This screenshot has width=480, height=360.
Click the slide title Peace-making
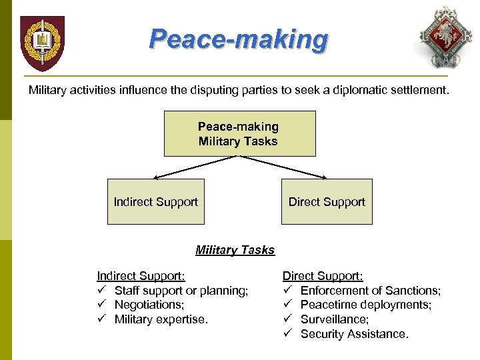tap(239, 39)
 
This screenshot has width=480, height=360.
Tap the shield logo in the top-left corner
tap(42, 43)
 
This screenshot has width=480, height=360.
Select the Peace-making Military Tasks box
tap(239, 133)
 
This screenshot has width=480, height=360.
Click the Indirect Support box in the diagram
tap(156, 201)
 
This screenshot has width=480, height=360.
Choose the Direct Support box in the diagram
tap(327, 201)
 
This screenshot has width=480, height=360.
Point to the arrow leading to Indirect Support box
tap(193, 167)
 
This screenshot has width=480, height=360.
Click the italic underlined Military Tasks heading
tap(235, 250)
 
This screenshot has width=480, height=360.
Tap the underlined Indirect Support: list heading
tap(141, 276)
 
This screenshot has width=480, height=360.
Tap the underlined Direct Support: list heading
tap(323, 276)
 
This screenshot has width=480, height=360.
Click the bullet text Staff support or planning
tap(181, 291)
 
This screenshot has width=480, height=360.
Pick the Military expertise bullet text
tap(161, 319)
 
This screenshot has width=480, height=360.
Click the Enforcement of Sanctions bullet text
tap(371, 291)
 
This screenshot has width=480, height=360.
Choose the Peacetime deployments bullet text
tap(366, 305)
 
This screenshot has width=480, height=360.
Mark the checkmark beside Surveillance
tap(287, 319)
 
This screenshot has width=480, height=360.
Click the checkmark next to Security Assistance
tap(287, 334)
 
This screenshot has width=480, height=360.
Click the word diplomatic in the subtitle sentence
tap(357, 89)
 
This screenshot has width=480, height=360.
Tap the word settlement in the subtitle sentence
tap(417, 89)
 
